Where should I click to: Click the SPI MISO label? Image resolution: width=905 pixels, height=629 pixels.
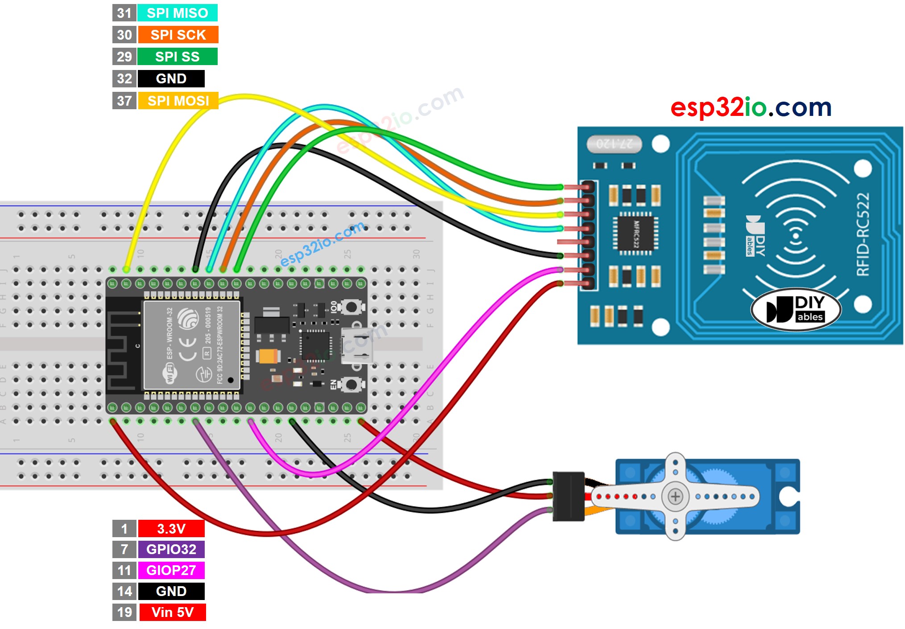[x=177, y=13]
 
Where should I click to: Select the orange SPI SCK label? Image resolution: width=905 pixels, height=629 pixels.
[x=178, y=35]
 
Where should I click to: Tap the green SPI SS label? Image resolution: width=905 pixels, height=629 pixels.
[x=177, y=57]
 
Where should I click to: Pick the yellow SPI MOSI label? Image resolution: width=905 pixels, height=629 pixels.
[x=178, y=101]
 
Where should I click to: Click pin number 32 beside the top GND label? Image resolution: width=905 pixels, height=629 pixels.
[x=124, y=79]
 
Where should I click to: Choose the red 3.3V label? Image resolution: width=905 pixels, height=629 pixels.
[x=171, y=529]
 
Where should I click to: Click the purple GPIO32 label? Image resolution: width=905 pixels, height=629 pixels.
[x=171, y=549]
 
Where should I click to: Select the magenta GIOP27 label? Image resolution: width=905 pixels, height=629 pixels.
[x=171, y=570]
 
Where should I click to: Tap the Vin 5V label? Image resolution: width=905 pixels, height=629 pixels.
[x=172, y=612]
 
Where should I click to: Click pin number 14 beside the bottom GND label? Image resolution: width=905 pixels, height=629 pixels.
[x=124, y=591]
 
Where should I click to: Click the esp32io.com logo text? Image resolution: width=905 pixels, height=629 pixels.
[x=751, y=107]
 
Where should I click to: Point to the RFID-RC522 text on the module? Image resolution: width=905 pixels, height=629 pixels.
[x=863, y=234]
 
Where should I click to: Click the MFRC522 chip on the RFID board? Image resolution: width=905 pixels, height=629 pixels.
[x=636, y=234]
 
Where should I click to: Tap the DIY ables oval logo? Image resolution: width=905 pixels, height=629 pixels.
[x=796, y=309]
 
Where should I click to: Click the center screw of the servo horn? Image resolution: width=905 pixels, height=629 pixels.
[x=675, y=496]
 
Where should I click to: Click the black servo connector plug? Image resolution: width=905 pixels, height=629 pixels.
[x=568, y=496]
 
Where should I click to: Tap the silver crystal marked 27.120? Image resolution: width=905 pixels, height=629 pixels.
[x=614, y=144]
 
